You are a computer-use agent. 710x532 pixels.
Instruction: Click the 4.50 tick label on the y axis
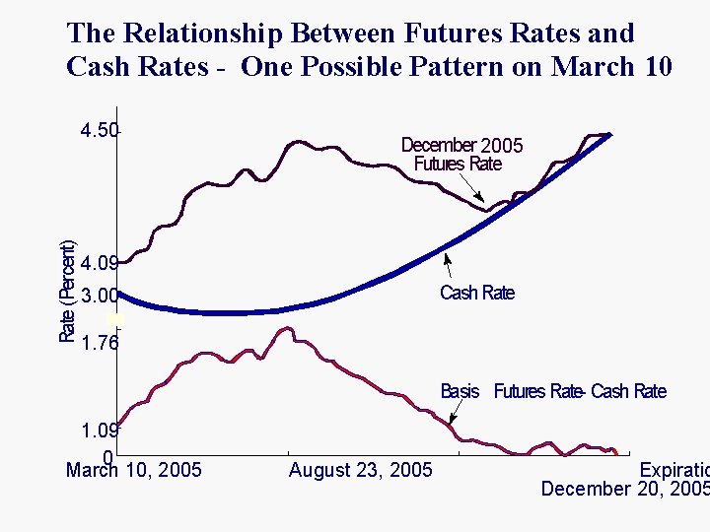coord(100,131)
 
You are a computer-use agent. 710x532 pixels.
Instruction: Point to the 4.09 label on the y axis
coord(100,264)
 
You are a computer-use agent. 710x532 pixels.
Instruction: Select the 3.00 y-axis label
coord(100,296)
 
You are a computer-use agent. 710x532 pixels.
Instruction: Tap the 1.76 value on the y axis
coord(100,343)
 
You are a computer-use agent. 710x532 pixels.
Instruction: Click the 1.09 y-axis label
coord(100,431)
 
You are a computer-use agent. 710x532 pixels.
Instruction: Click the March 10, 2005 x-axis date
coord(133,470)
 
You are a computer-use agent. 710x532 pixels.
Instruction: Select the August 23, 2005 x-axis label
coord(360,470)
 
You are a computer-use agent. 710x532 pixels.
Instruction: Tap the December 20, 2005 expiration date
coord(625,489)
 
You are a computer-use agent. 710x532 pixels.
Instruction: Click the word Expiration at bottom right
coord(674,470)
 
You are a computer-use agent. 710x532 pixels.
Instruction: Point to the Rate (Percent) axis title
coord(67,292)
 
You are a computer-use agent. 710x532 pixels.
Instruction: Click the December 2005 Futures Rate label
coord(461,155)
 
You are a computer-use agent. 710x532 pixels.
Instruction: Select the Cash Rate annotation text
coord(476,293)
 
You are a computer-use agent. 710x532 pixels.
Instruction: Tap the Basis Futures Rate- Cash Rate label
coord(552,392)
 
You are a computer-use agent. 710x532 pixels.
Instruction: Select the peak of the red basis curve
coord(284,328)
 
